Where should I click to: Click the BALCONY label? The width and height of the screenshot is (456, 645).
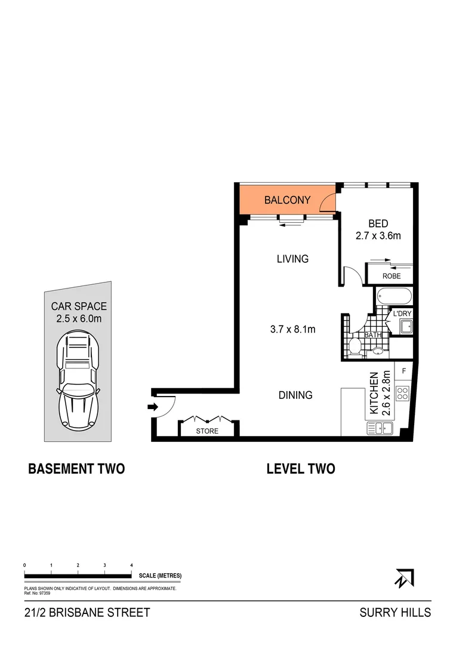(x=287, y=200)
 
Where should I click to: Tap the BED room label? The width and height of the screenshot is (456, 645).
(x=378, y=224)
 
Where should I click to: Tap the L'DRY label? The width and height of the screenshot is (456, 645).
(x=402, y=313)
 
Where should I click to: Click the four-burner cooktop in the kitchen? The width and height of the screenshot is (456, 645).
(x=403, y=394)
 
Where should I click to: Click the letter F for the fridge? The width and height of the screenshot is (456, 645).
(x=404, y=371)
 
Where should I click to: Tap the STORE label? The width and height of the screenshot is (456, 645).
(x=208, y=431)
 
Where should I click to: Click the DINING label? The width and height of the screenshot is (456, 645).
(x=295, y=395)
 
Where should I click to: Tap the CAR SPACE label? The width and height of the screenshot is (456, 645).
(x=79, y=306)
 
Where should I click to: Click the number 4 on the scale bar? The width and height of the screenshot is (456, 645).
(x=131, y=564)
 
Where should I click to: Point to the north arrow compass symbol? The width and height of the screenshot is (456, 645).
(x=404, y=578)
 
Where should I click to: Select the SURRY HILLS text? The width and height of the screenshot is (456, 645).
(x=395, y=613)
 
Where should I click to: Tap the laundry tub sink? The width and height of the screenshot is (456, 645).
(x=406, y=326)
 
